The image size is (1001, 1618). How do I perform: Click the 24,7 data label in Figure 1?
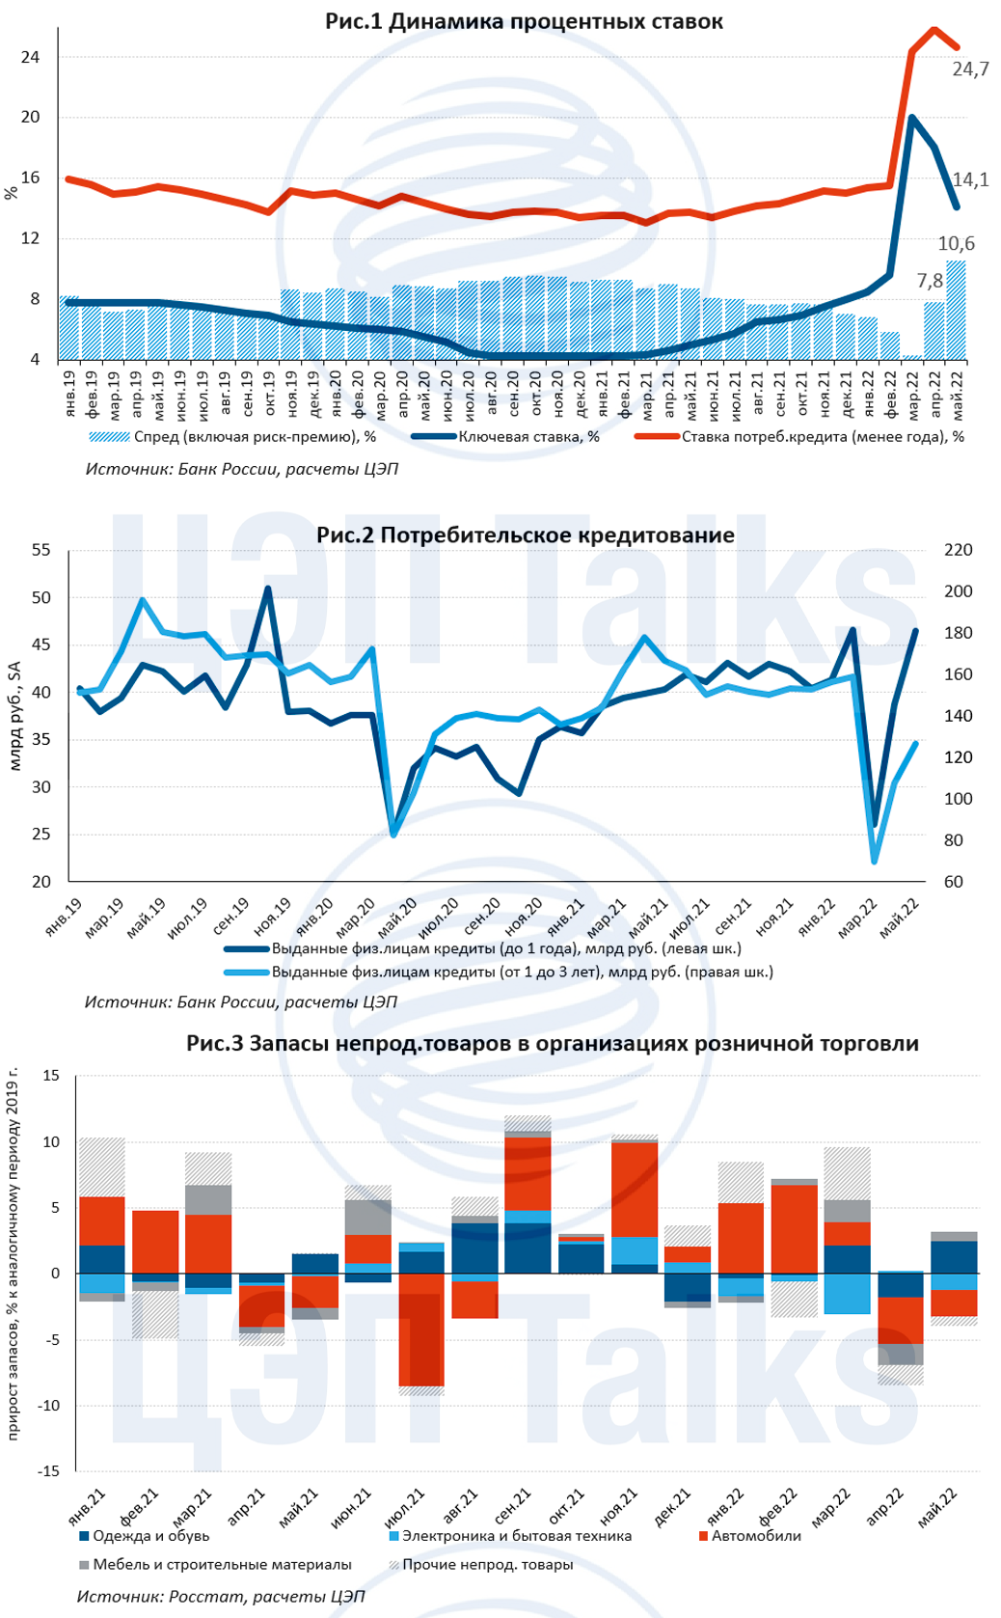click(x=970, y=69)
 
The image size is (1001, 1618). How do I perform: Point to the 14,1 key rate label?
click(x=970, y=179)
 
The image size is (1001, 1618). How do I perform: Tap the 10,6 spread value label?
click(x=956, y=244)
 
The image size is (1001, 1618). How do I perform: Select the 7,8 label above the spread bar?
click(x=930, y=282)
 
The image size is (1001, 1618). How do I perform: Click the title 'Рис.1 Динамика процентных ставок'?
click(x=524, y=21)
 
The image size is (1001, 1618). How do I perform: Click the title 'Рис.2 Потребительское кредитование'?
click(x=525, y=535)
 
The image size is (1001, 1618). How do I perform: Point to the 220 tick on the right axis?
click(x=959, y=550)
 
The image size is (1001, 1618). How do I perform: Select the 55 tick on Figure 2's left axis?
click(x=41, y=550)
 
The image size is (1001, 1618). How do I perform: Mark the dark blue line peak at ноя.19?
click(x=267, y=588)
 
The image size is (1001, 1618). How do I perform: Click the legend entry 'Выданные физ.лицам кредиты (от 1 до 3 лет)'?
click(x=522, y=972)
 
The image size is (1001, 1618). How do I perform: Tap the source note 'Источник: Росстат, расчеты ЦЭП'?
click(x=221, y=1597)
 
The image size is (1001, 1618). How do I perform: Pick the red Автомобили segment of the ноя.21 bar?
click(x=635, y=1189)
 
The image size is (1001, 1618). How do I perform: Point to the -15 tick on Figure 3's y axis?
click(x=45, y=1471)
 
